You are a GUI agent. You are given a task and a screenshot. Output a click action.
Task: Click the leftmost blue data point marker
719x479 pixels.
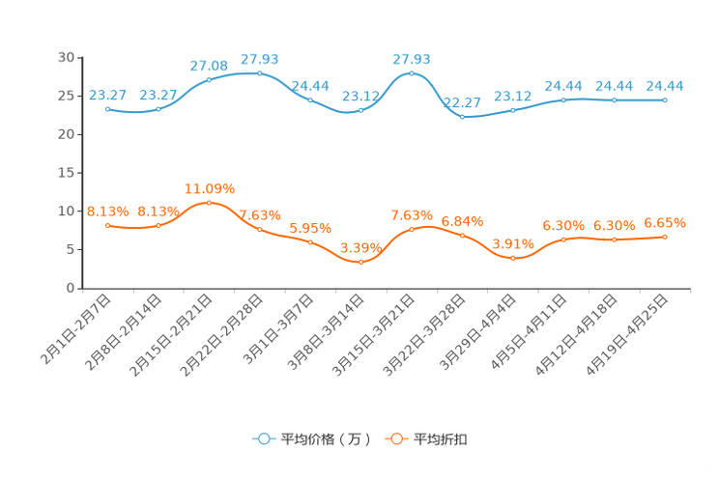tap(107, 108)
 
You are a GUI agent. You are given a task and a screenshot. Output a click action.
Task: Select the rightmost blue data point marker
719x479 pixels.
tap(665, 99)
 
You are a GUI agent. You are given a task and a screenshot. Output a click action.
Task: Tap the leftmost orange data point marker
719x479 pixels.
tap(107, 225)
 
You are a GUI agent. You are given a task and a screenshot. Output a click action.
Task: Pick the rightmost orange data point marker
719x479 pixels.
tap(665, 236)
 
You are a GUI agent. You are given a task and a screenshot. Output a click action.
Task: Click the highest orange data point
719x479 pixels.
tap(209, 202)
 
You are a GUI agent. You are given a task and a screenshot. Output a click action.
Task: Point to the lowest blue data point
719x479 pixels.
tap(462, 116)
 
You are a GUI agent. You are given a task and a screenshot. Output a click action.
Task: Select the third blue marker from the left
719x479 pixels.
tap(209, 79)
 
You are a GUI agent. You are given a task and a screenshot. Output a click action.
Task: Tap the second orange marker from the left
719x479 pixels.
tap(158, 225)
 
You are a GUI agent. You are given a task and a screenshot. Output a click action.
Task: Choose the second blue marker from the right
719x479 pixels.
tap(614, 99)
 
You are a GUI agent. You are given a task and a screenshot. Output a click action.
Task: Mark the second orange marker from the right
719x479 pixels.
tap(614, 239)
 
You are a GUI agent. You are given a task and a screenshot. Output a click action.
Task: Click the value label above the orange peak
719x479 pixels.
tap(209, 187)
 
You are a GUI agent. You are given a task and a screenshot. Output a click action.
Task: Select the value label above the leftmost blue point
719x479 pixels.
tap(107, 95)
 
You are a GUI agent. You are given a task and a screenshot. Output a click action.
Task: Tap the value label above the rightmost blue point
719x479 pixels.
tap(665, 86)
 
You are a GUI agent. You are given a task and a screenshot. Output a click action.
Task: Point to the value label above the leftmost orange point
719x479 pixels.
tap(107, 211)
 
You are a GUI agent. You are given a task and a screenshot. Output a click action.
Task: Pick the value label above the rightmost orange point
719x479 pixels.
tap(665, 223)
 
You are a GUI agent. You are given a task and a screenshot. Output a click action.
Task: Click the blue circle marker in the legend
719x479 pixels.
tap(264, 439)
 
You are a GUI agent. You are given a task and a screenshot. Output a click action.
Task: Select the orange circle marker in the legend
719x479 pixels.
tap(396, 439)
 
